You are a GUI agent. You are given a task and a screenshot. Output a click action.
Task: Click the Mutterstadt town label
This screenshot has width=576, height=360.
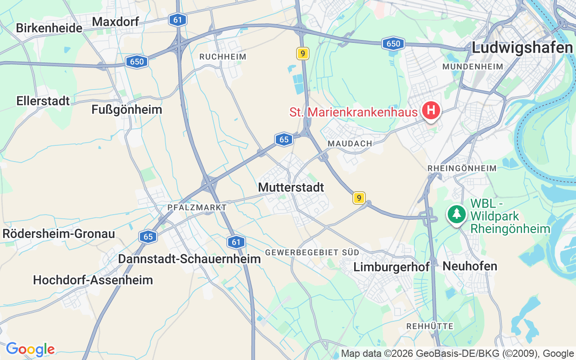tap(291, 187)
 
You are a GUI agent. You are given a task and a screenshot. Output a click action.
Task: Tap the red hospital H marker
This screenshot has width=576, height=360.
tap(431, 109)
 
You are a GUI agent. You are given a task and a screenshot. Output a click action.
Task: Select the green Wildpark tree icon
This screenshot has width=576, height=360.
tap(457, 213)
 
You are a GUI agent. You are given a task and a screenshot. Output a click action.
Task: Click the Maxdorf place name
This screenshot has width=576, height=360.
tap(115, 21)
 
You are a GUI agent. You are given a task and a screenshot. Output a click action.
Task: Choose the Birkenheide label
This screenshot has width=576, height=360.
tap(49, 28)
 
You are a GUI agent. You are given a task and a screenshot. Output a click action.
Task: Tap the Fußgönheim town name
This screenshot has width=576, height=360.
tap(126, 109)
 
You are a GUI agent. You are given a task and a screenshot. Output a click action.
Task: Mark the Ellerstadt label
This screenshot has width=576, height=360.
tap(43, 101)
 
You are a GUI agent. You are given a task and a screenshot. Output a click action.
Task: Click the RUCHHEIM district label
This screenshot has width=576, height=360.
tap(223, 57)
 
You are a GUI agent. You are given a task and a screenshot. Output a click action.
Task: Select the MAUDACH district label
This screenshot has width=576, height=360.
tap(350, 143)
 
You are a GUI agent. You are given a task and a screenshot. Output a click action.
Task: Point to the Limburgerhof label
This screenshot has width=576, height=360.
tap(391, 267)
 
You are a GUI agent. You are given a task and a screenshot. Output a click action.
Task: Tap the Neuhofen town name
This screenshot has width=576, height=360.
tap(470, 266)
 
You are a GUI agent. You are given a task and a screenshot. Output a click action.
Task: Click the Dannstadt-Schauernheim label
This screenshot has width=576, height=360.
tap(189, 259)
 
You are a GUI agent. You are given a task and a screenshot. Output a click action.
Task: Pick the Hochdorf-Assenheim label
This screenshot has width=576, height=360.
tap(93, 280)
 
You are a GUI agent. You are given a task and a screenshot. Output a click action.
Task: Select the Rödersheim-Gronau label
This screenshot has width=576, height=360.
tap(58, 234)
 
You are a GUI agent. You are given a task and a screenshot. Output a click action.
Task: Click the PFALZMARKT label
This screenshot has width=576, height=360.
tap(197, 207)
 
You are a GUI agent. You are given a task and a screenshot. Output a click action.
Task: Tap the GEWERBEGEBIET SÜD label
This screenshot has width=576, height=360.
tap(312, 252)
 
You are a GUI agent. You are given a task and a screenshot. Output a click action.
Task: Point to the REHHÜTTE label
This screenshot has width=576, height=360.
tap(430, 326)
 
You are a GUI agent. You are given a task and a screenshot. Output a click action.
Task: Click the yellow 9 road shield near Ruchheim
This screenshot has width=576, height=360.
tap(303, 54)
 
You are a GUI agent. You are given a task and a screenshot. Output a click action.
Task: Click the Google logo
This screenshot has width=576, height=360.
tap(30, 349)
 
